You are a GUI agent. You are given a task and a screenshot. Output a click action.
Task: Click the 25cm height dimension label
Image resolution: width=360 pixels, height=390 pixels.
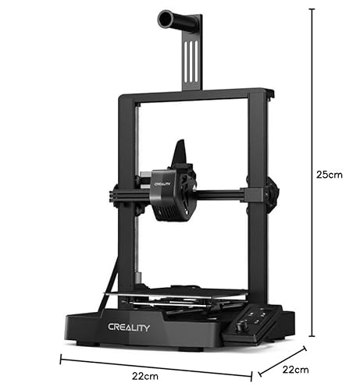tap(330, 175)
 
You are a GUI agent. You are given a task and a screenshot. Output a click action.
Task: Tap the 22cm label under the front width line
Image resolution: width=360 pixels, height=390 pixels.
tap(145, 376)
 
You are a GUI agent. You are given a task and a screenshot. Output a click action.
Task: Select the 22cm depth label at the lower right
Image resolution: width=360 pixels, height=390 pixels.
tap(296, 370)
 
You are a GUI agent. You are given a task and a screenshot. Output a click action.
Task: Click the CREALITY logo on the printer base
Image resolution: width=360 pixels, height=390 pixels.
tap(129, 328)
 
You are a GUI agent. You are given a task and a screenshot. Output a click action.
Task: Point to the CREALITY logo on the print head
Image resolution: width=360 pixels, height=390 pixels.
tap(162, 184)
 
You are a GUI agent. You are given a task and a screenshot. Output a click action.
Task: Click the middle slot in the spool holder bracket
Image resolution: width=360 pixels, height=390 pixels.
tap(191, 62)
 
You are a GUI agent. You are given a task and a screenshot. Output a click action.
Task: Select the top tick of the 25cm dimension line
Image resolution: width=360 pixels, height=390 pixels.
tap(312, 9)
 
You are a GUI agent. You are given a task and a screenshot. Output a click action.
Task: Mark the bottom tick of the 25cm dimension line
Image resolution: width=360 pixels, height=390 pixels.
tap(312, 336)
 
